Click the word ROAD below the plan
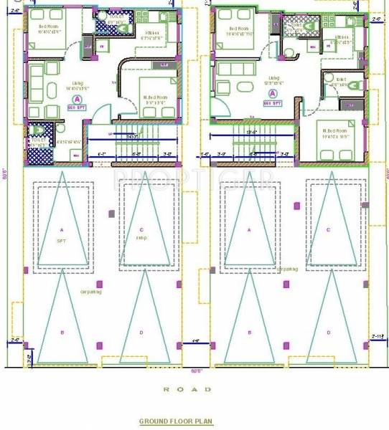(187, 389)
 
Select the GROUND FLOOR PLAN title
(176, 421)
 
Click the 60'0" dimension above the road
(196, 371)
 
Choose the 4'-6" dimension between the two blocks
(194, 342)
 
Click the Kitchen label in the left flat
(153, 33)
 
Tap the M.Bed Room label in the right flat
(335, 130)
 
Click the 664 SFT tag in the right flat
(273, 103)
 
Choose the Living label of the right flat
(273, 77)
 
